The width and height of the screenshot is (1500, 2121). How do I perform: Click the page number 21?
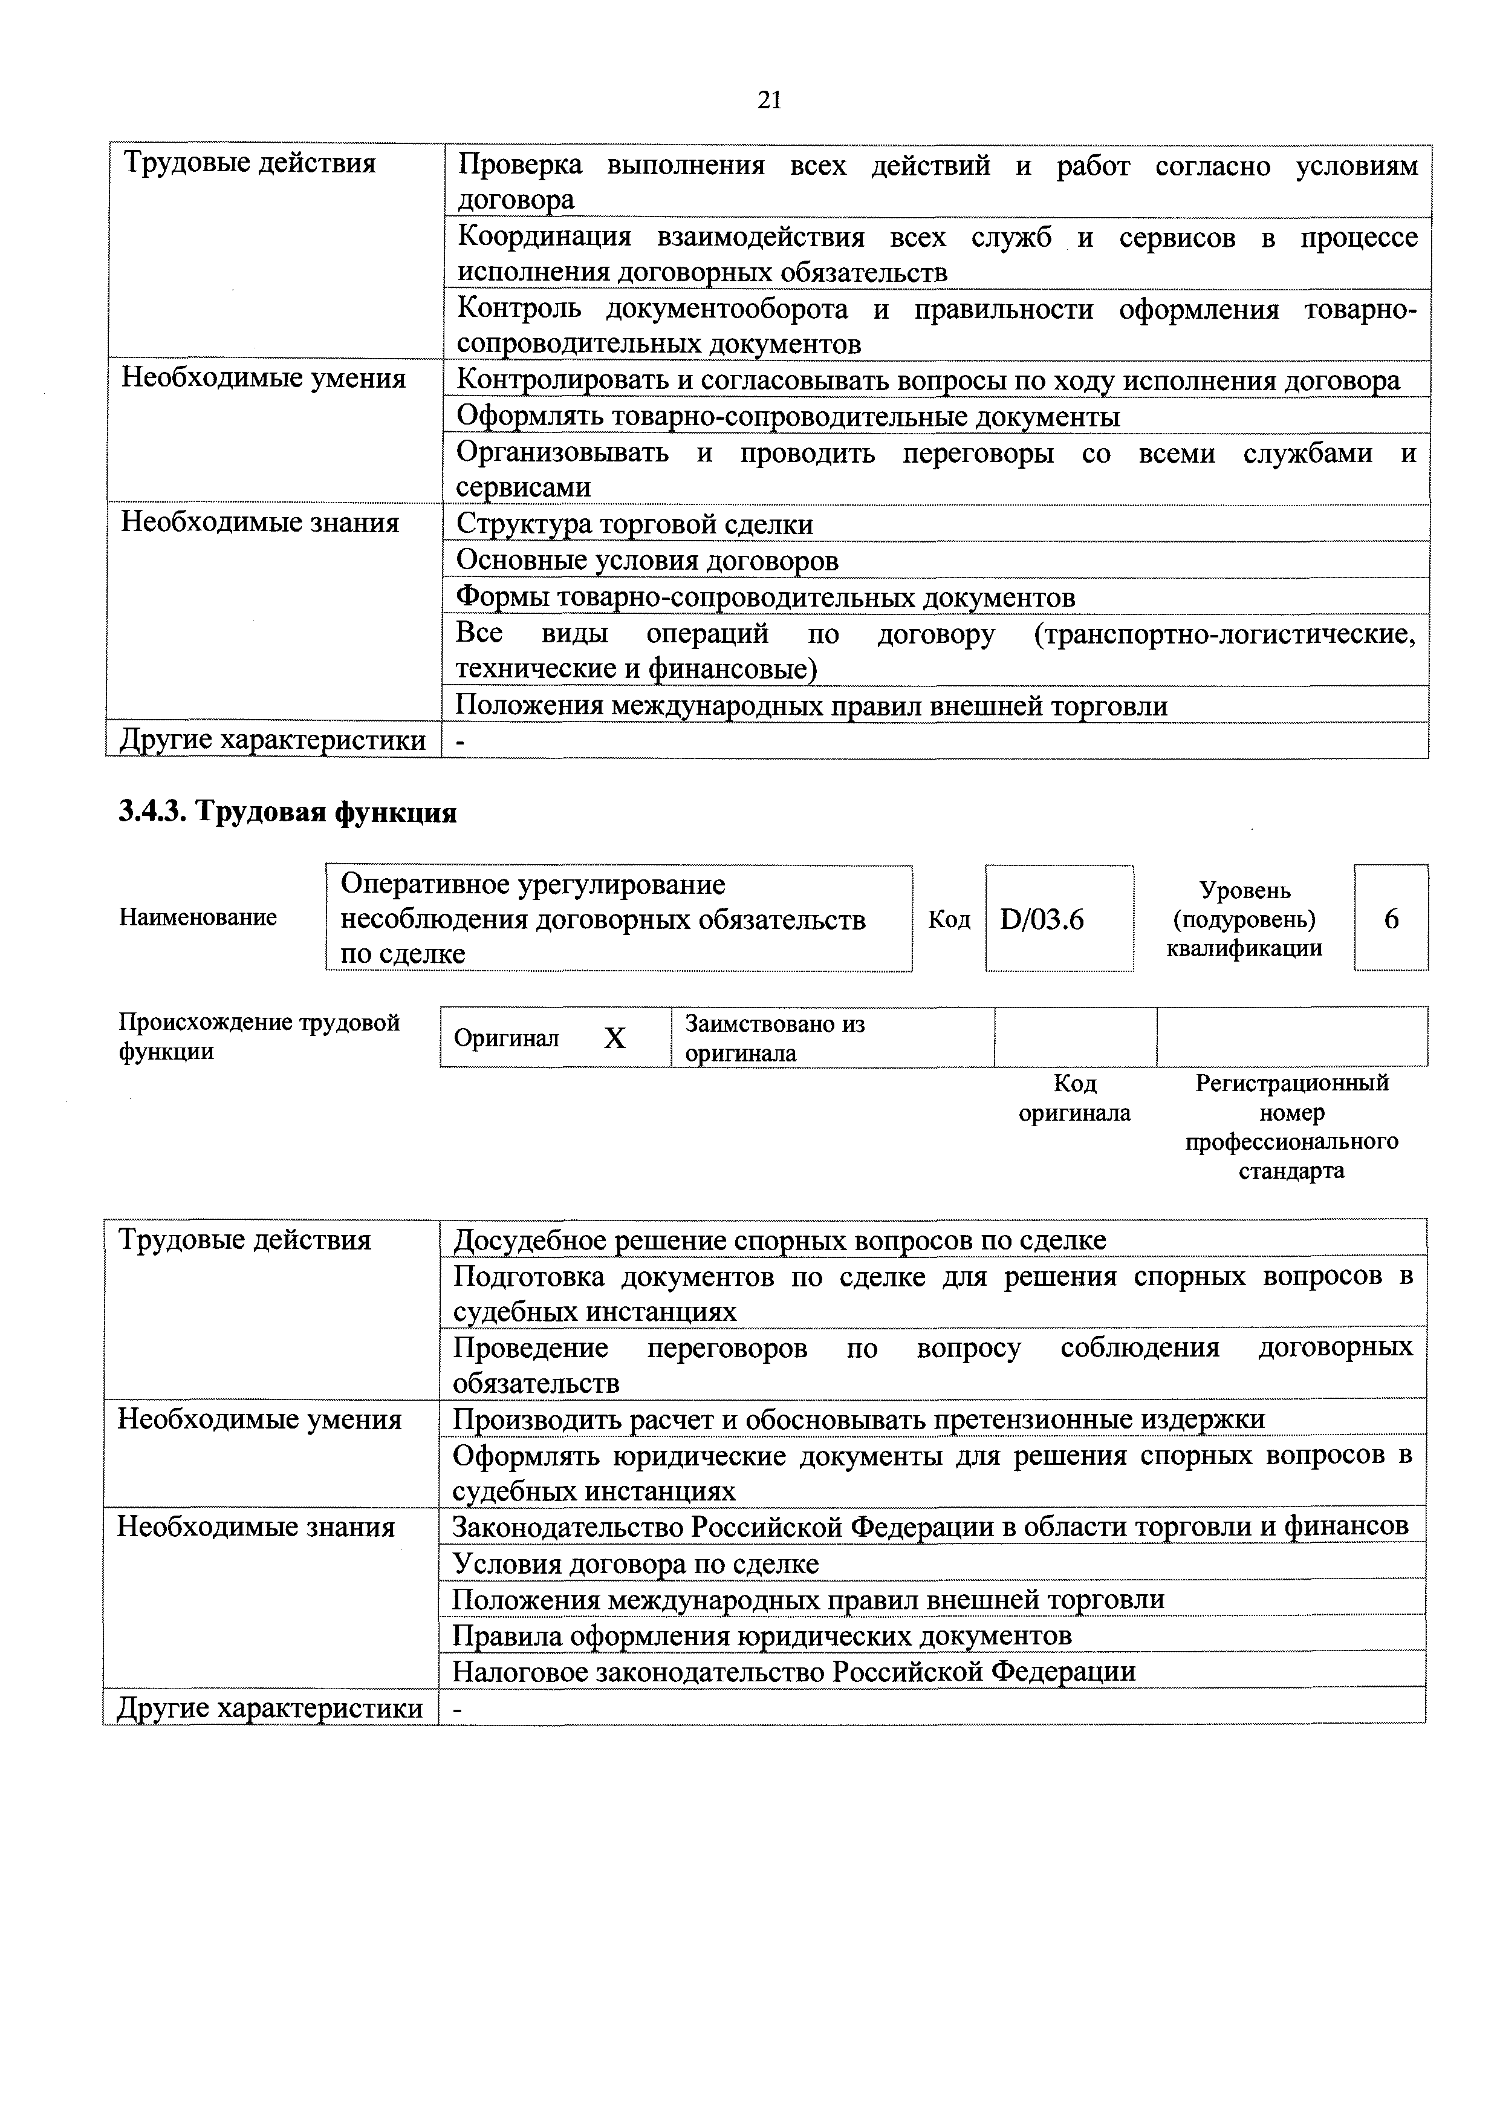pyautogui.click(x=768, y=100)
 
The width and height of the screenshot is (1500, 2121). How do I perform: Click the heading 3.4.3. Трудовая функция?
pyautogui.click(x=288, y=812)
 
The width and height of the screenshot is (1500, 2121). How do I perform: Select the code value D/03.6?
pyautogui.click(x=1041, y=920)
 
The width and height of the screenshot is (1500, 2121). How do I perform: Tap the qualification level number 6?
pyautogui.click(x=1391, y=919)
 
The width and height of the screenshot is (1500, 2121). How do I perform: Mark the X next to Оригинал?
pyautogui.click(x=614, y=1038)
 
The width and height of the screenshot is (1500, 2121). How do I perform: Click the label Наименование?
pyautogui.click(x=198, y=917)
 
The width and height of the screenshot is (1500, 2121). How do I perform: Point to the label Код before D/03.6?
pyautogui.click(x=949, y=920)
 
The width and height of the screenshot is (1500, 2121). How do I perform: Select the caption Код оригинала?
pyautogui.click(x=1074, y=1098)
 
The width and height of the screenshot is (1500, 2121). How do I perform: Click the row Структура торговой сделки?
pyautogui.click(x=635, y=525)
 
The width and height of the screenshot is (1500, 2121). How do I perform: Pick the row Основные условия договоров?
pyautogui.click(x=648, y=561)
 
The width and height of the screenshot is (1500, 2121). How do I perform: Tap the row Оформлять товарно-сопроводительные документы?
pyautogui.click(x=788, y=417)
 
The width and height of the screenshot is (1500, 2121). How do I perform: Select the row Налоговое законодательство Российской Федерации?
pyautogui.click(x=793, y=1671)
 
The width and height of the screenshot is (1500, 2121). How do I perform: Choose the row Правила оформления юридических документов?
pyautogui.click(x=762, y=1635)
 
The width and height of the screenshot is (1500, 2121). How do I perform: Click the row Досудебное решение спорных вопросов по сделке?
pyautogui.click(x=779, y=1240)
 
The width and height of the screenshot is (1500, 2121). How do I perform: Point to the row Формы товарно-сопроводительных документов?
pyautogui.click(x=765, y=598)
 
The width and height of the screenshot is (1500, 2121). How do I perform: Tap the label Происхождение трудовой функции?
pyautogui.click(x=259, y=1037)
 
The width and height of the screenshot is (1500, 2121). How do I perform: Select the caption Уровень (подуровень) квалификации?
pyautogui.click(x=1244, y=919)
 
